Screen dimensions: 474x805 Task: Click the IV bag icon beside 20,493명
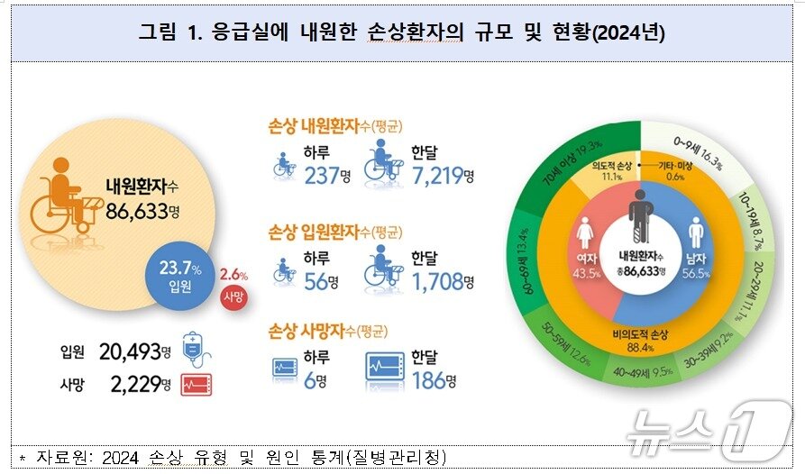[x=195, y=349]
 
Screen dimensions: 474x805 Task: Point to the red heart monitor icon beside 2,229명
[x=195, y=385]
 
